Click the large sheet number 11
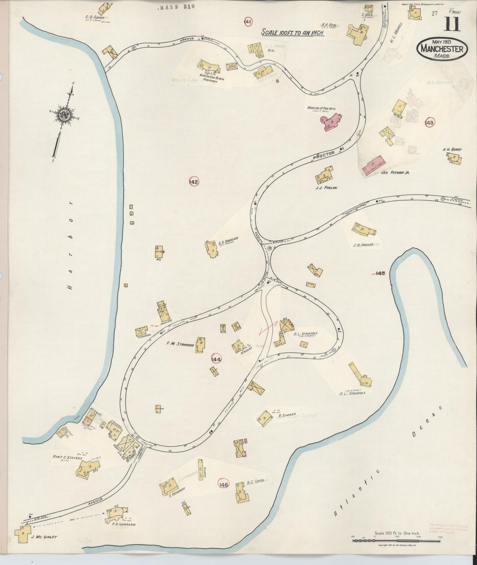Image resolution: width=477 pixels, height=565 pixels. (x=452, y=24)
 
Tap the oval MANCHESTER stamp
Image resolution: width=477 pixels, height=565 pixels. (x=442, y=49)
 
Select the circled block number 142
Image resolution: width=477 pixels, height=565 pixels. (x=194, y=182)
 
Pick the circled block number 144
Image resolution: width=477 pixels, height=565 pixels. (x=216, y=359)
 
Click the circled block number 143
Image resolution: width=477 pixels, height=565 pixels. (x=430, y=123)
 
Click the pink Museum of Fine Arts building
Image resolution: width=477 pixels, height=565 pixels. (x=331, y=122)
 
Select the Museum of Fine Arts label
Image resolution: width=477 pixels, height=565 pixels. (x=321, y=109)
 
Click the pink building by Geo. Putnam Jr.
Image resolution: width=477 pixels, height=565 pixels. (x=373, y=167)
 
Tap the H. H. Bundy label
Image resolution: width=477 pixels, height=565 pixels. (x=452, y=149)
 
